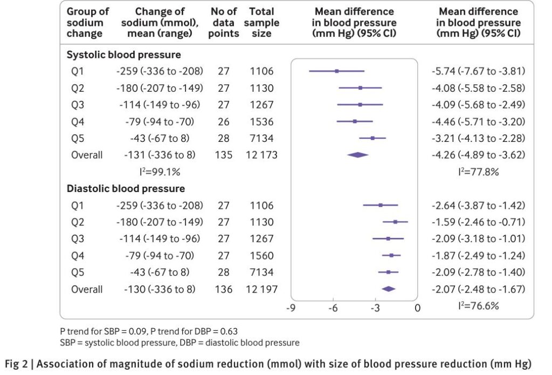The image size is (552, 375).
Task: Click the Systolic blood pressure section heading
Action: tap(123, 54)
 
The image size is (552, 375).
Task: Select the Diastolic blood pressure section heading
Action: tap(126, 188)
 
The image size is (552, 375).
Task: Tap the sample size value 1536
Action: tap(261, 121)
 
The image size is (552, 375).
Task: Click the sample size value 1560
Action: tap(261, 256)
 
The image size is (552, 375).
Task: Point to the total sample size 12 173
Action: tap(261, 155)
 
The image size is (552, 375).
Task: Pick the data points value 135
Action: tap(224, 155)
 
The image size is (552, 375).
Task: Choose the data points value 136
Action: tap(224, 289)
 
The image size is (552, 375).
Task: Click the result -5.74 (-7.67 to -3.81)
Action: tap(479, 71)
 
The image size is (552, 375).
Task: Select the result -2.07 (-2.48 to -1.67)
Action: tap(479, 289)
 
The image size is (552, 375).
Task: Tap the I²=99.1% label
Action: tap(160, 172)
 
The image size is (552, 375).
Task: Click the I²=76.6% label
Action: tap(479, 305)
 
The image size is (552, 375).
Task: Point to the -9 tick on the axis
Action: tap(291, 308)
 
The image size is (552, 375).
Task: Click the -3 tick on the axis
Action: tap(375, 308)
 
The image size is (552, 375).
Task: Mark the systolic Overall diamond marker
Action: tap(358, 155)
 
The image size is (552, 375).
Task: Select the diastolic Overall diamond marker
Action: tap(388, 289)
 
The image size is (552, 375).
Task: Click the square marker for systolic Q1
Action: tap(337, 71)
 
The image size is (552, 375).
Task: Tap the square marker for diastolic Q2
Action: tap(395, 222)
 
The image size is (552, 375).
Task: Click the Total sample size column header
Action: tap(261, 23)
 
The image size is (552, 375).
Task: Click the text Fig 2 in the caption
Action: tap(16, 364)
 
